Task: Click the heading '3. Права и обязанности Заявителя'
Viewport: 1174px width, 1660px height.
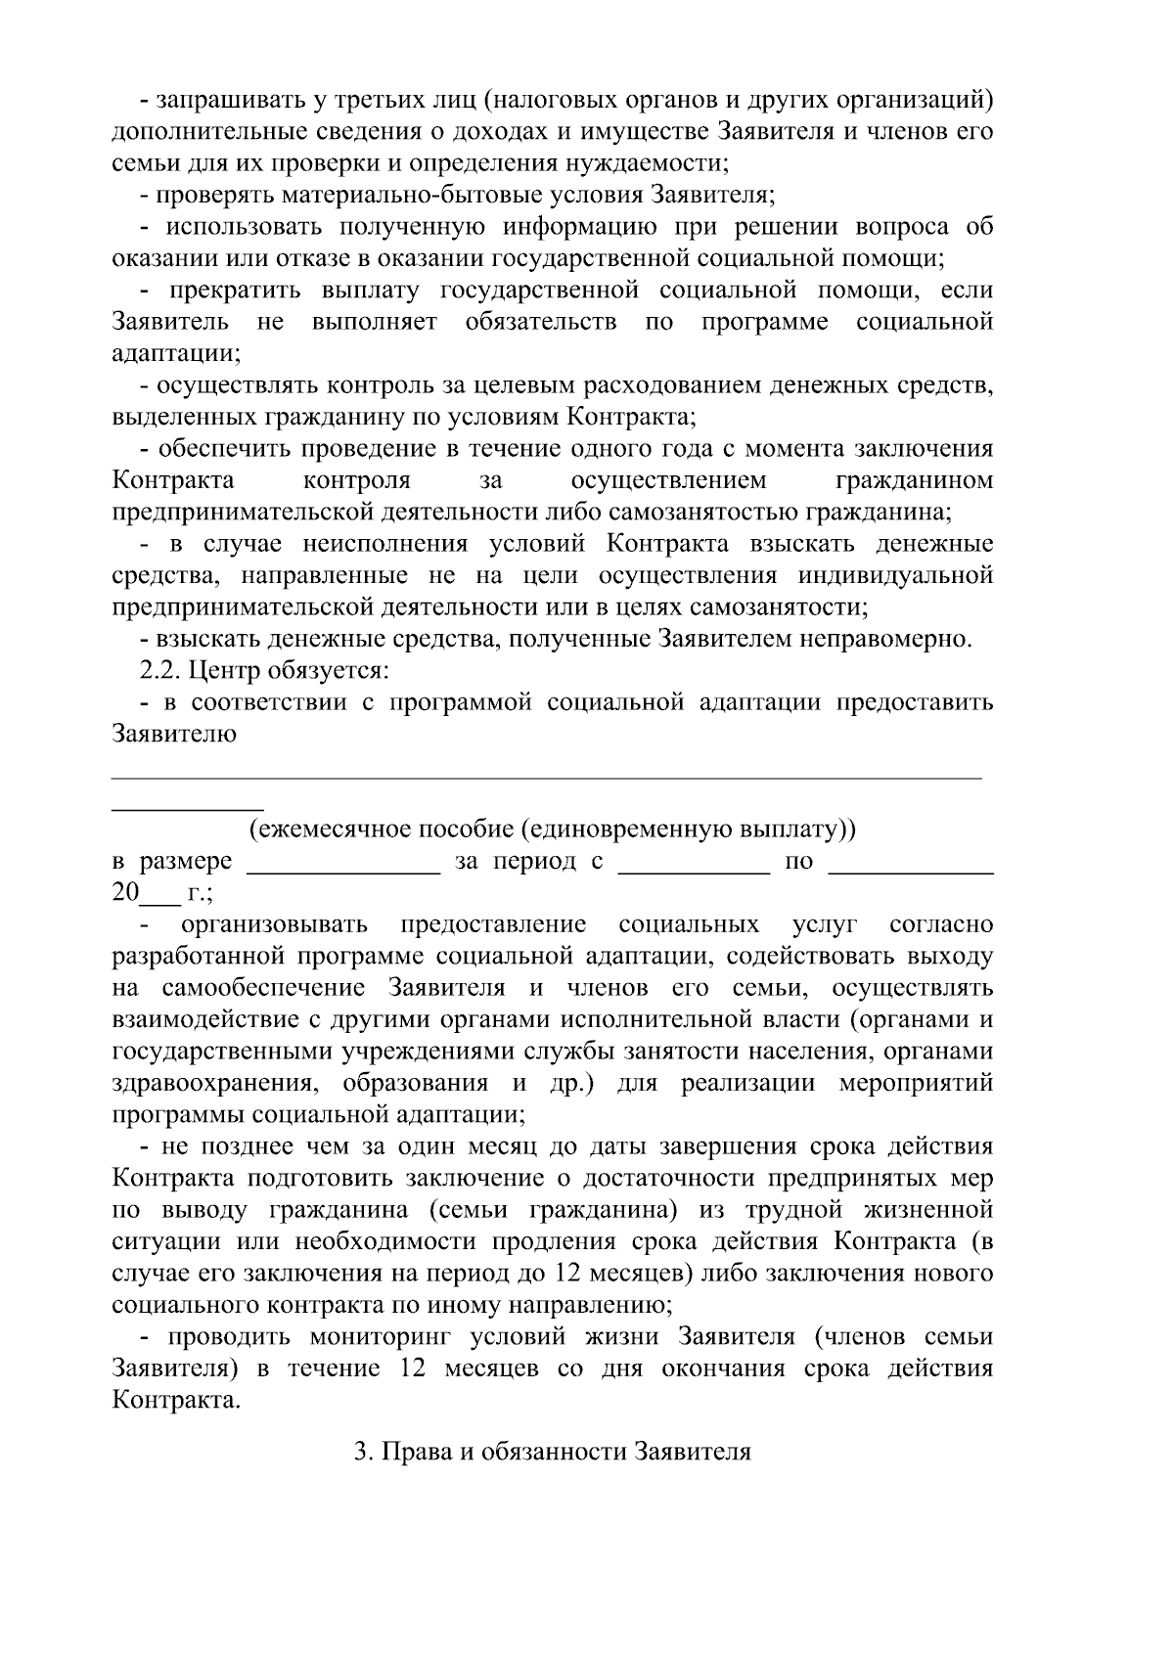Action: tap(552, 1451)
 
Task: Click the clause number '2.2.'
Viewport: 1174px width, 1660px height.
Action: tap(160, 671)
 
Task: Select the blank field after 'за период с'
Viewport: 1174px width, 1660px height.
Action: tap(695, 864)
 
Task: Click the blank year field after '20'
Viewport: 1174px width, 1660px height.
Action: tap(156, 894)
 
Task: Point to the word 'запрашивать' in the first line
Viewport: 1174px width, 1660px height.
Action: tap(227, 100)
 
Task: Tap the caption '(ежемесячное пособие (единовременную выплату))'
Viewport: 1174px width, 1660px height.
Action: tap(552, 830)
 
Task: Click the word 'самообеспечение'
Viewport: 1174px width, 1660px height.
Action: tap(267, 988)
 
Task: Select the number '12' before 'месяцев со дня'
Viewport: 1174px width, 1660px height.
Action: tap(417, 1368)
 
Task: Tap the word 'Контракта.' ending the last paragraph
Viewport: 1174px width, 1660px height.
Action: tap(176, 1400)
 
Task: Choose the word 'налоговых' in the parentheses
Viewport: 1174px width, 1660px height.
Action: tap(549, 100)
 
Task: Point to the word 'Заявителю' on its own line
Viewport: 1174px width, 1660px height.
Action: tap(174, 735)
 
